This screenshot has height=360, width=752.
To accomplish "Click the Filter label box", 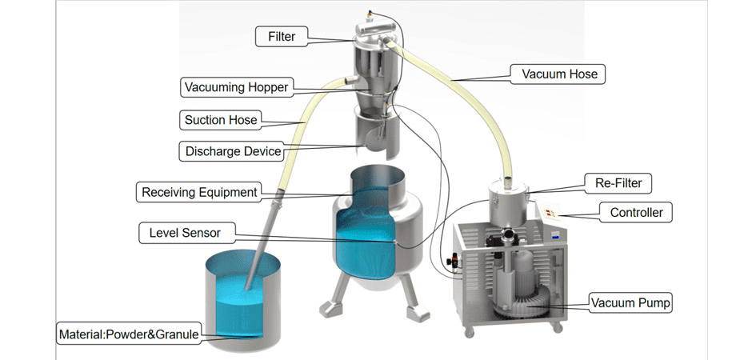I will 281,36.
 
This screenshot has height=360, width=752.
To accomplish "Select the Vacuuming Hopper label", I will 235,86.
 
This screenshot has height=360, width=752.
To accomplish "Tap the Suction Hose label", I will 220,120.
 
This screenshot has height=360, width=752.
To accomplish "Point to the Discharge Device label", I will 233,151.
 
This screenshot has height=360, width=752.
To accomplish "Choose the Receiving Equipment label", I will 199,192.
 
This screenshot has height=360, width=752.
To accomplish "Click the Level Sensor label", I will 184,234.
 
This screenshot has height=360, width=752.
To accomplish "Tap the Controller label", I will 635,213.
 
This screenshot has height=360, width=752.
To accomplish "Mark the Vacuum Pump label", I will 630,303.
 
